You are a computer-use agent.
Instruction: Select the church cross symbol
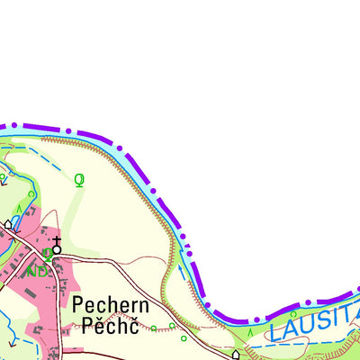click(57, 244)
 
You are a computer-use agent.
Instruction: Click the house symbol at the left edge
click(9, 224)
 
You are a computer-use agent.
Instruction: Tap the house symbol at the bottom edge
click(236, 355)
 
